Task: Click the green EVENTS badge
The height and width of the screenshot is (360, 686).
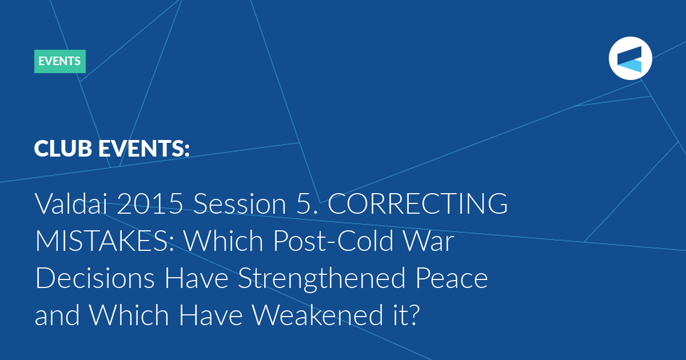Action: click(60, 61)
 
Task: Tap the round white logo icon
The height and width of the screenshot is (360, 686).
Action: click(630, 58)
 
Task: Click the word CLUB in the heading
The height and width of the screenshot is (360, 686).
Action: click(63, 149)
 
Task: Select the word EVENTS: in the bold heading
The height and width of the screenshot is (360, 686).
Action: click(144, 149)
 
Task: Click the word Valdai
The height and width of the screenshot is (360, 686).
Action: click(71, 203)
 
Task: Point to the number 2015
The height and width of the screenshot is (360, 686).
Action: click(150, 203)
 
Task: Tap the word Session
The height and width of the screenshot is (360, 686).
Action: click(240, 203)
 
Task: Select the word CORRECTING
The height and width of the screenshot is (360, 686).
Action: click(418, 203)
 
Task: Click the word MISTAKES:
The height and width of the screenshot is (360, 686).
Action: click(105, 241)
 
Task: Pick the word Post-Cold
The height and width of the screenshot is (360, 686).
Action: click(333, 241)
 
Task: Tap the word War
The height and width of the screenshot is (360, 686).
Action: click(428, 241)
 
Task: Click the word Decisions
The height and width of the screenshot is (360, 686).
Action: click(95, 278)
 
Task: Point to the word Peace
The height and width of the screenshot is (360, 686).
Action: click(452, 278)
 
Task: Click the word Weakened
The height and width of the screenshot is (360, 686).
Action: click(317, 315)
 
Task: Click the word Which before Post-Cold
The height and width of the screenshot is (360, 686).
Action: click(224, 241)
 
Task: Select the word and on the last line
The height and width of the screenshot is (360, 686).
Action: click(57, 315)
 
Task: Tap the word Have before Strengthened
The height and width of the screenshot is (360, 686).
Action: click(196, 278)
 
